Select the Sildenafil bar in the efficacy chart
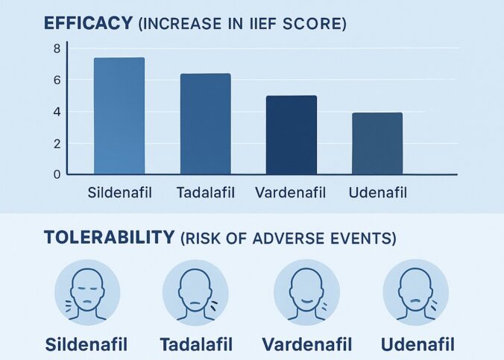point(119,116)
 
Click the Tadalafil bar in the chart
point(205,124)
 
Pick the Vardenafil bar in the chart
point(292,135)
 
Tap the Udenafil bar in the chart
point(377,143)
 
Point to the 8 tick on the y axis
point(57,48)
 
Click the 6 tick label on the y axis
point(57,80)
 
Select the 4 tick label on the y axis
point(57,112)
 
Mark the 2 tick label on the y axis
point(57,143)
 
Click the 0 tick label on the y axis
point(57,174)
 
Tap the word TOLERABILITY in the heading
point(110,238)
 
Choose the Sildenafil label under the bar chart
point(119,193)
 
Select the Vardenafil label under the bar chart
point(292,193)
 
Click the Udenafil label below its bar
point(377,193)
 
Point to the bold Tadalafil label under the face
point(196,344)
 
